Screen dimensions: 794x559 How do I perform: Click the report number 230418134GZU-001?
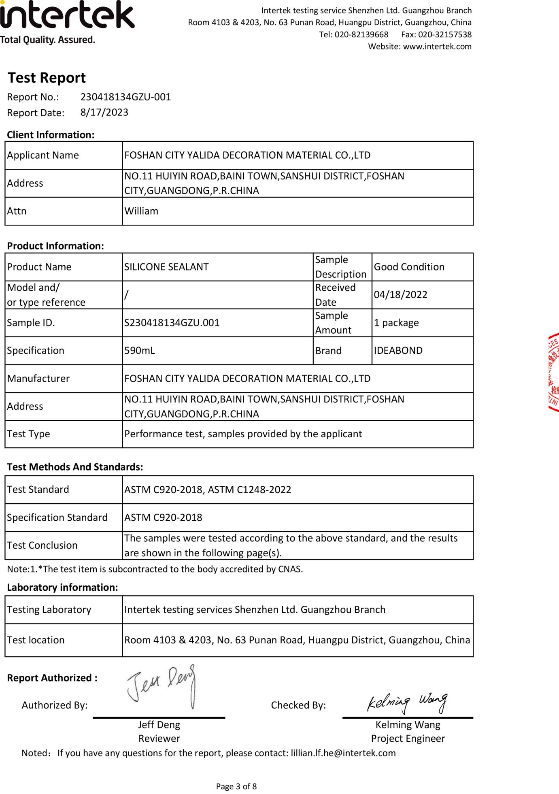(125, 97)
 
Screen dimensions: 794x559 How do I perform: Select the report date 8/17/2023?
(104, 113)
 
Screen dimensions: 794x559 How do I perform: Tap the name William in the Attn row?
(141, 211)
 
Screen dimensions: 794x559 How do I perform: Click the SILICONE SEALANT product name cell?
(166, 267)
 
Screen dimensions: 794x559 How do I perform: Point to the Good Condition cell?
(409, 267)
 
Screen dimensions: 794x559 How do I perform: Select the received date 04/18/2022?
(400, 295)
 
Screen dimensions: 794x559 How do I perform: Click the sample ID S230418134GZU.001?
(172, 323)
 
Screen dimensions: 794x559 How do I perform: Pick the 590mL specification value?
(140, 351)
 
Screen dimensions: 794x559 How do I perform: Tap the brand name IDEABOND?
(398, 351)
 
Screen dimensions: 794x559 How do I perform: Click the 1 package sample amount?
(396, 323)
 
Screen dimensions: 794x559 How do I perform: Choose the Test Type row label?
(28, 434)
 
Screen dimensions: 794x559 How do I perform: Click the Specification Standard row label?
(57, 517)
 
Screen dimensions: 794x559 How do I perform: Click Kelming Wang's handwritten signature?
(407, 703)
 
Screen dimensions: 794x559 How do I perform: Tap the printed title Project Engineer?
(408, 739)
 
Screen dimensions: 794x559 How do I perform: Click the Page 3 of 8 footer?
(236, 787)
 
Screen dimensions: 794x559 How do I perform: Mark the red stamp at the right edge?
(554, 373)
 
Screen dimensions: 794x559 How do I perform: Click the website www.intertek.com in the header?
(437, 47)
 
